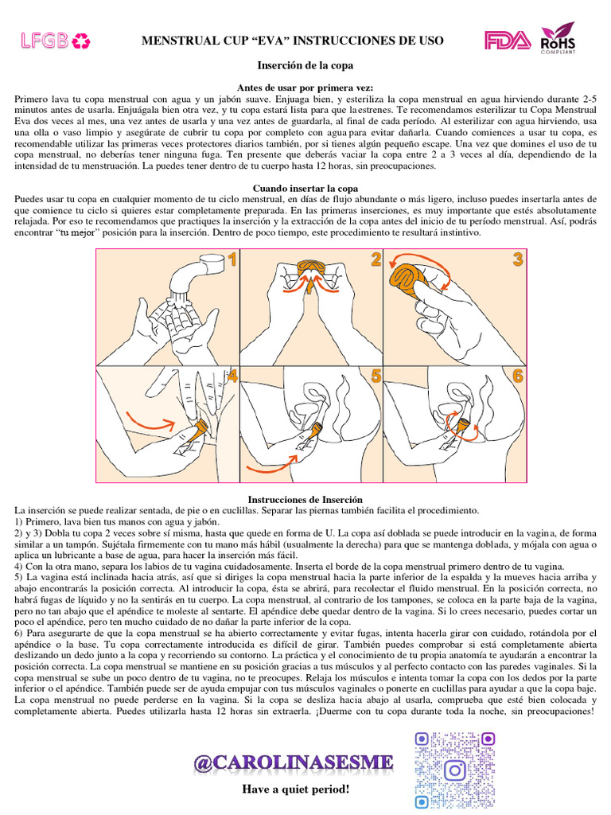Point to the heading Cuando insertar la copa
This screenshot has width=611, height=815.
[x=305, y=188]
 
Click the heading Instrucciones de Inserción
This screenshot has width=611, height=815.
[x=305, y=498]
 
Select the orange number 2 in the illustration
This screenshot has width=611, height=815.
[x=375, y=259]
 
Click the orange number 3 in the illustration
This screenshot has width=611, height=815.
[x=518, y=259]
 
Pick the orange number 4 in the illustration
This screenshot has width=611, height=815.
[x=232, y=376]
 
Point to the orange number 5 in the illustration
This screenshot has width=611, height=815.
[x=375, y=376]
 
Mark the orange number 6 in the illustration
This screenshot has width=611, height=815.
[x=518, y=376]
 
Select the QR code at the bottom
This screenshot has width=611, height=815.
[x=455, y=770]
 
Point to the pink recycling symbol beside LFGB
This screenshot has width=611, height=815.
[x=82, y=41]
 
